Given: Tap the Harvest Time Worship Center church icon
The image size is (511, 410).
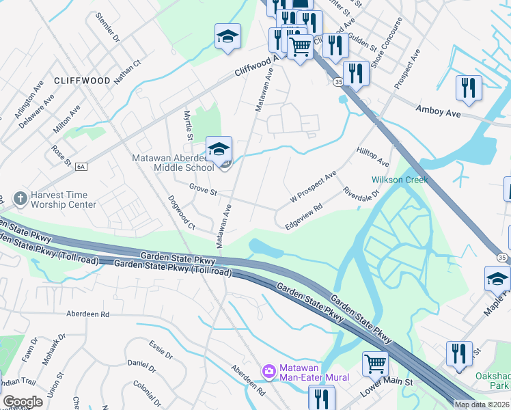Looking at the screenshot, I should pyautogui.click(x=20, y=198).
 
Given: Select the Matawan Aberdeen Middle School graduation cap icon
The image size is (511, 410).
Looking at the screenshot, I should pyautogui.click(x=219, y=148).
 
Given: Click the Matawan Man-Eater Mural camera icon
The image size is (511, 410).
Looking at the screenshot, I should pyautogui.click(x=269, y=372).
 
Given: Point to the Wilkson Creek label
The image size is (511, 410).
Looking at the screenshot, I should pyautogui.click(x=400, y=180).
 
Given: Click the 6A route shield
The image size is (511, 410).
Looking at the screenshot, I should pyautogui.click(x=81, y=166).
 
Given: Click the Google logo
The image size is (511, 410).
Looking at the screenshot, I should pyautogui.click(x=23, y=402).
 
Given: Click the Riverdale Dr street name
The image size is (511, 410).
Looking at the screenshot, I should pyautogui.click(x=361, y=195).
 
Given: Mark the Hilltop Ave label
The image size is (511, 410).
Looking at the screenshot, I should pyautogui.click(x=372, y=156).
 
